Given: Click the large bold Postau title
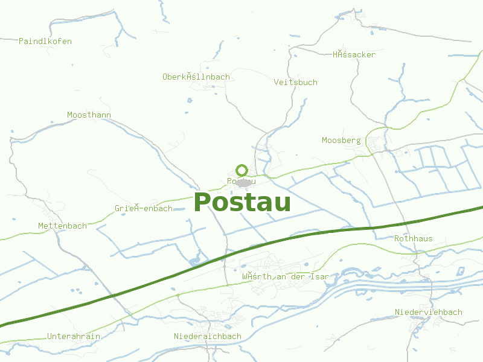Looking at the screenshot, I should (x=242, y=203).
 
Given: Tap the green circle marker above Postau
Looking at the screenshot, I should (x=242, y=170).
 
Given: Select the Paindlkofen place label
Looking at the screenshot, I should (x=45, y=41).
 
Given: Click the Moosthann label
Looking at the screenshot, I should (x=89, y=115).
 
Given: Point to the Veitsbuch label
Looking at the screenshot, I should (x=295, y=82).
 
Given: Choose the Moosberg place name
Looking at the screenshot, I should (x=341, y=140).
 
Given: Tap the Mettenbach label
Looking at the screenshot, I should (x=62, y=226).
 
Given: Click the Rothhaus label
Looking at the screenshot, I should (x=413, y=238).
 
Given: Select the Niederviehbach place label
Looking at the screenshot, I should (x=428, y=312).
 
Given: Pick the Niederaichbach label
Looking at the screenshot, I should (x=207, y=336).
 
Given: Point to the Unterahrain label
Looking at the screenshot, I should (x=74, y=336).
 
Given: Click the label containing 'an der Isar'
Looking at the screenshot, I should (x=285, y=276).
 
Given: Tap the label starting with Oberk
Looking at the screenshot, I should (x=196, y=77).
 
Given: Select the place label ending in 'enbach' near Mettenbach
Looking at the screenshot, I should (x=144, y=208).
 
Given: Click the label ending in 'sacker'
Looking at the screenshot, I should (x=354, y=54).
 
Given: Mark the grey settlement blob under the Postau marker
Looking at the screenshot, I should (x=244, y=182).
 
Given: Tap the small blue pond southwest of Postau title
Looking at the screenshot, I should (x=195, y=261).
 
